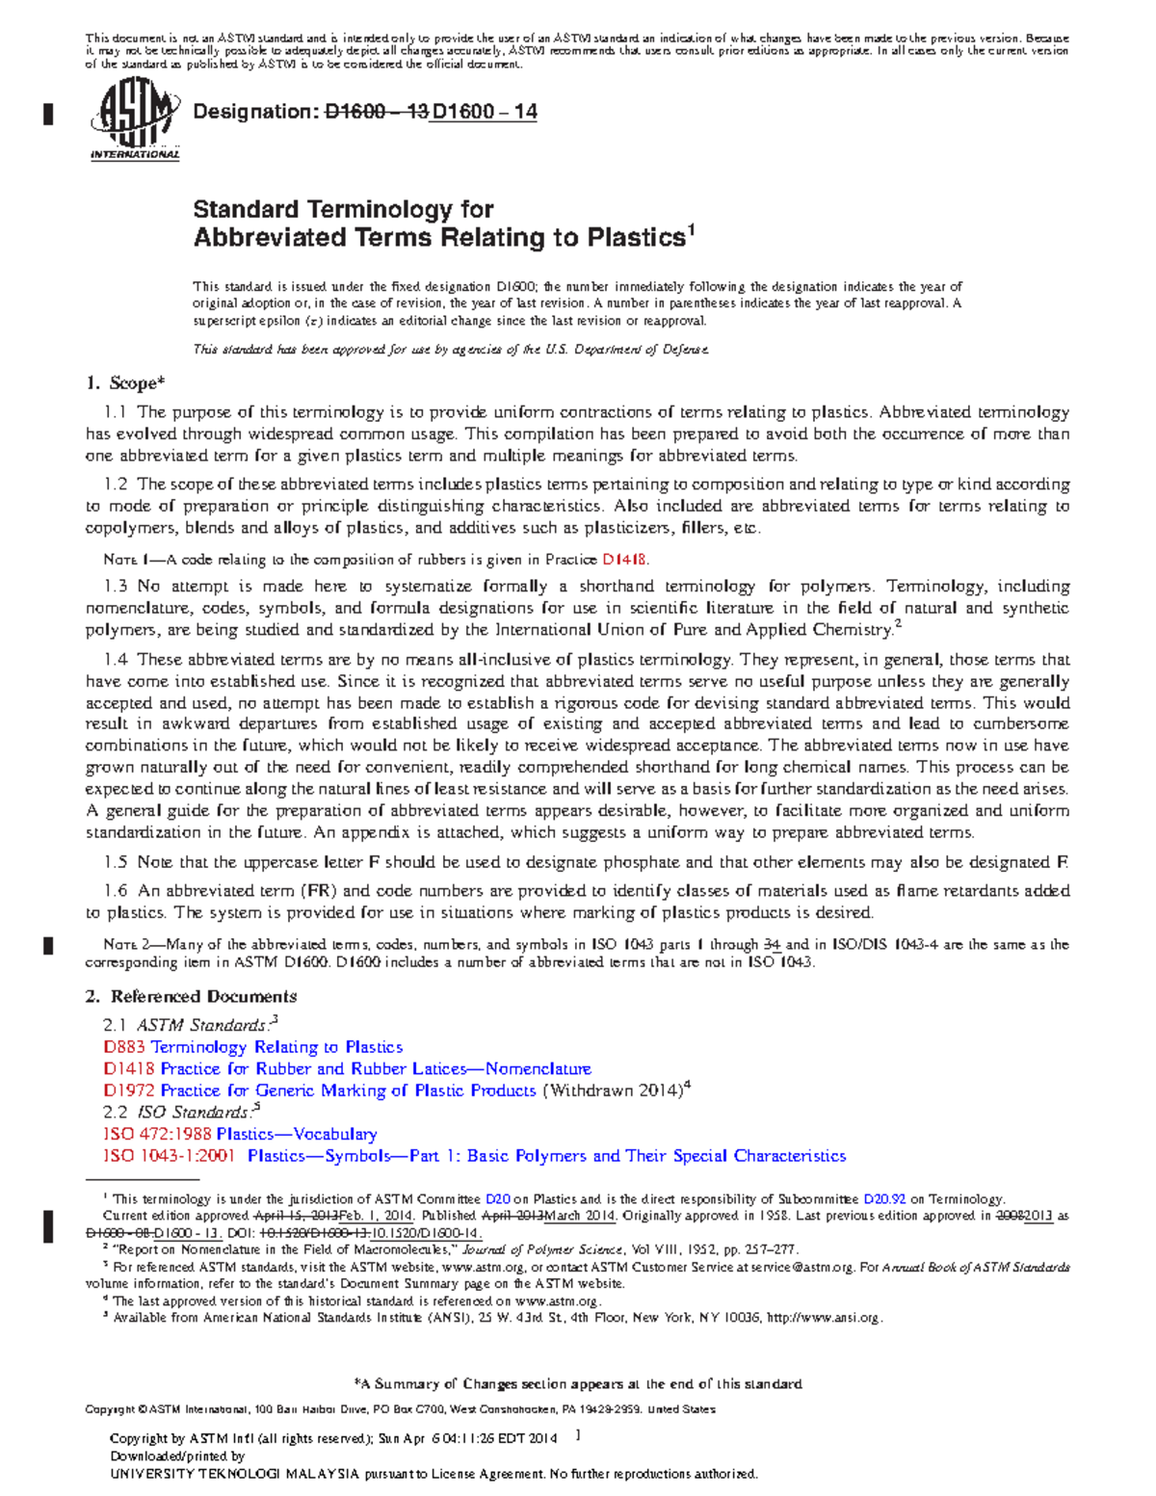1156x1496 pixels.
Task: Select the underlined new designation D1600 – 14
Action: [x=484, y=112]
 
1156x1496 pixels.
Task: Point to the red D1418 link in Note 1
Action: [x=624, y=560]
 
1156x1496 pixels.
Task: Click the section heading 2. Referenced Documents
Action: [x=191, y=997]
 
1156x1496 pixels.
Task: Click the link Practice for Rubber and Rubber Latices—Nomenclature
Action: [x=375, y=1069]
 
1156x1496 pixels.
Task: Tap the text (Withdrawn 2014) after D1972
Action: [x=613, y=1090]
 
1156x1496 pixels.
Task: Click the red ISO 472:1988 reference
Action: [x=157, y=1135]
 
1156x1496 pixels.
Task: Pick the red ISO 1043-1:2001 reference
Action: [x=169, y=1156]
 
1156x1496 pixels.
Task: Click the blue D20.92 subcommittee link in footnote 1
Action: [x=884, y=1199]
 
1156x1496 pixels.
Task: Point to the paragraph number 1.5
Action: [x=116, y=863]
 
